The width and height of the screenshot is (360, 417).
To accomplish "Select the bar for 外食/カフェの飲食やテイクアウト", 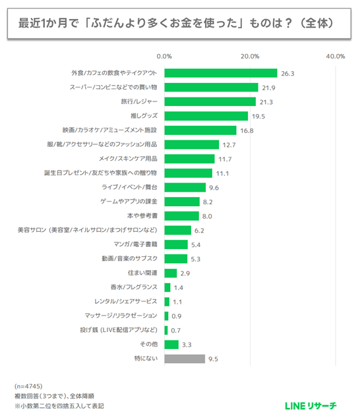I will (220, 73).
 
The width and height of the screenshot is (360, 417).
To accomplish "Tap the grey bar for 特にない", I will (184, 359).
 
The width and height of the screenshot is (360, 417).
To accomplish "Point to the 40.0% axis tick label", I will (335, 56).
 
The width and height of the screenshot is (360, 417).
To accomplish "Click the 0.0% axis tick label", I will (164, 56).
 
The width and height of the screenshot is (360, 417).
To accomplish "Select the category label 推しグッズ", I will (143, 116).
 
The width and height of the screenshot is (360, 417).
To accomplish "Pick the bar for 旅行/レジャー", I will (210, 101).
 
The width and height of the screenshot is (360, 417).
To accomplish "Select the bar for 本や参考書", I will (181, 216).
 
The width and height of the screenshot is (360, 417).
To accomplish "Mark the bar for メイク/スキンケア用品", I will (189, 159).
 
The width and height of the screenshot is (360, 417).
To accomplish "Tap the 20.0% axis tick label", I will (249, 56).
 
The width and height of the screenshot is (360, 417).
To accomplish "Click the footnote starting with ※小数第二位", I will (59, 406).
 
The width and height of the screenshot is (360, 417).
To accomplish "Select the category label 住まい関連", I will (142, 273).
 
